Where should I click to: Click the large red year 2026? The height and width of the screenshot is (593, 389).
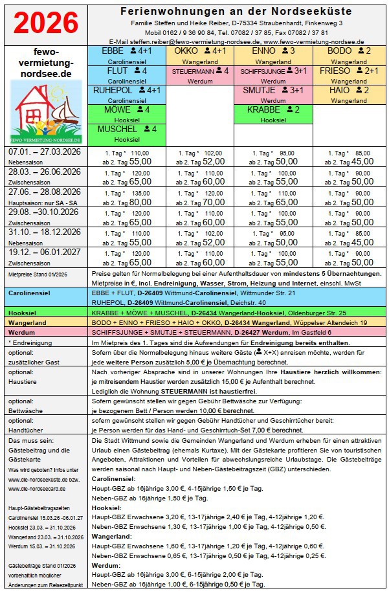(46, 23)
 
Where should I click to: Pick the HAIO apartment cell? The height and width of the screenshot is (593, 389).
(348, 95)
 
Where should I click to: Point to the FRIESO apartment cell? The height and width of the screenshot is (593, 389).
(348, 74)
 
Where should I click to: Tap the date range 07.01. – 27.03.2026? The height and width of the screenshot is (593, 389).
(44, 151)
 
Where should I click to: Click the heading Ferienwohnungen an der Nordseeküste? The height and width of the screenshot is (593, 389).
(236, 11)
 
